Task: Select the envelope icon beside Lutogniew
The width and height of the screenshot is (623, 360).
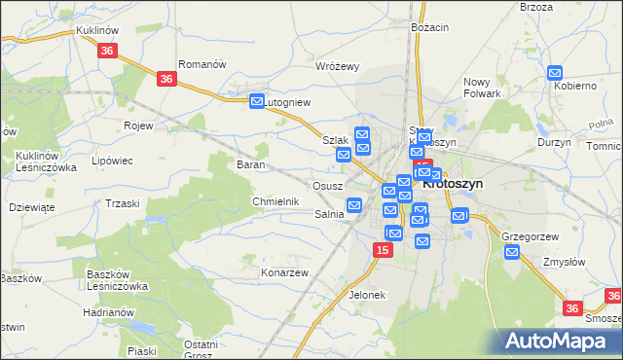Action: pyautogui.click(x=257, y=100)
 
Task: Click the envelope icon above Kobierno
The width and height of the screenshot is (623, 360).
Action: pyautogui.click(x=555, y=72)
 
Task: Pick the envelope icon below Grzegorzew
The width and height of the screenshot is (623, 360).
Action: pyautogui.click(x=512, y=253)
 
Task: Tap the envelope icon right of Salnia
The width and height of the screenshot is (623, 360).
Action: pyautogui.click(x=355, y=205)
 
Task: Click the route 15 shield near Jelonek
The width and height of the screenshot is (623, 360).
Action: pyautogui.click(x=383, y=251)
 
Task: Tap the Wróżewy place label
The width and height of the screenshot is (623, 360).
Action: pyautogui.click(x=338, y=66)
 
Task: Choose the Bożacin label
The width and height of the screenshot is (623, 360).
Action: pyautogui.click(x=429, y=27)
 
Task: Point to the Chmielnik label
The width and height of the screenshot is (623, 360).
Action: pyautogui.click(x=275, y=201)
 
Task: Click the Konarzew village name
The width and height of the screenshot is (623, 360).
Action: pyautogui.click(x=284, y=272)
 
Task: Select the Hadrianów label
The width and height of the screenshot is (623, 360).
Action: pyautogui.click(x=107, y=311)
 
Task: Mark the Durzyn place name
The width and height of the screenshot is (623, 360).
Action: pyautogui.click(x=554, y=142)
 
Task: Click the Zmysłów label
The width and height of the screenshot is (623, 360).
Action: pyautogui.click(x=564, y=262)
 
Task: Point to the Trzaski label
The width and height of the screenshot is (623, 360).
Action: pyautogui.click(x=123, y=202)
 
